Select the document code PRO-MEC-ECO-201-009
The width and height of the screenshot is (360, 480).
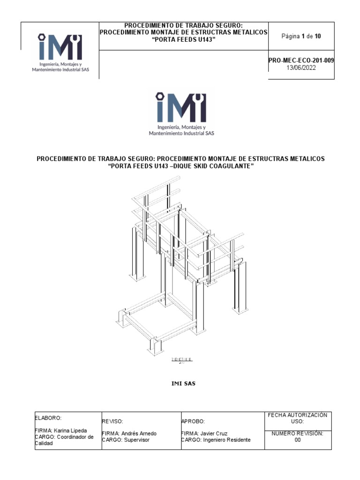[x=301, y=61]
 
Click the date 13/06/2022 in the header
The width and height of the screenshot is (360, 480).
[x=301, y=67]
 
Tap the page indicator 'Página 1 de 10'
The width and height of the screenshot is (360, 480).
[x=301, y=36]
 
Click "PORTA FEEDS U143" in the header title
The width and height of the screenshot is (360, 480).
[x=183, y=39]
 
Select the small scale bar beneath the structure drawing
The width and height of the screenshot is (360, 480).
[x=182, y=359]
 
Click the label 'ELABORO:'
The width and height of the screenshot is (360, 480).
[x=48, y=417]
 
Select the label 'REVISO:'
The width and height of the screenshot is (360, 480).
[x=112, y=421]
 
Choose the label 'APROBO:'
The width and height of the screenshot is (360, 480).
[x=193, y=421]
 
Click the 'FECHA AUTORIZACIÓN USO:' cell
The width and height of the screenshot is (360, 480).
[x=297, y=418]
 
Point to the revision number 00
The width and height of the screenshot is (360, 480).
[x=297, y=440]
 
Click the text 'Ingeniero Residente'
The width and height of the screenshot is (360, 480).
[x=227, y=440]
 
